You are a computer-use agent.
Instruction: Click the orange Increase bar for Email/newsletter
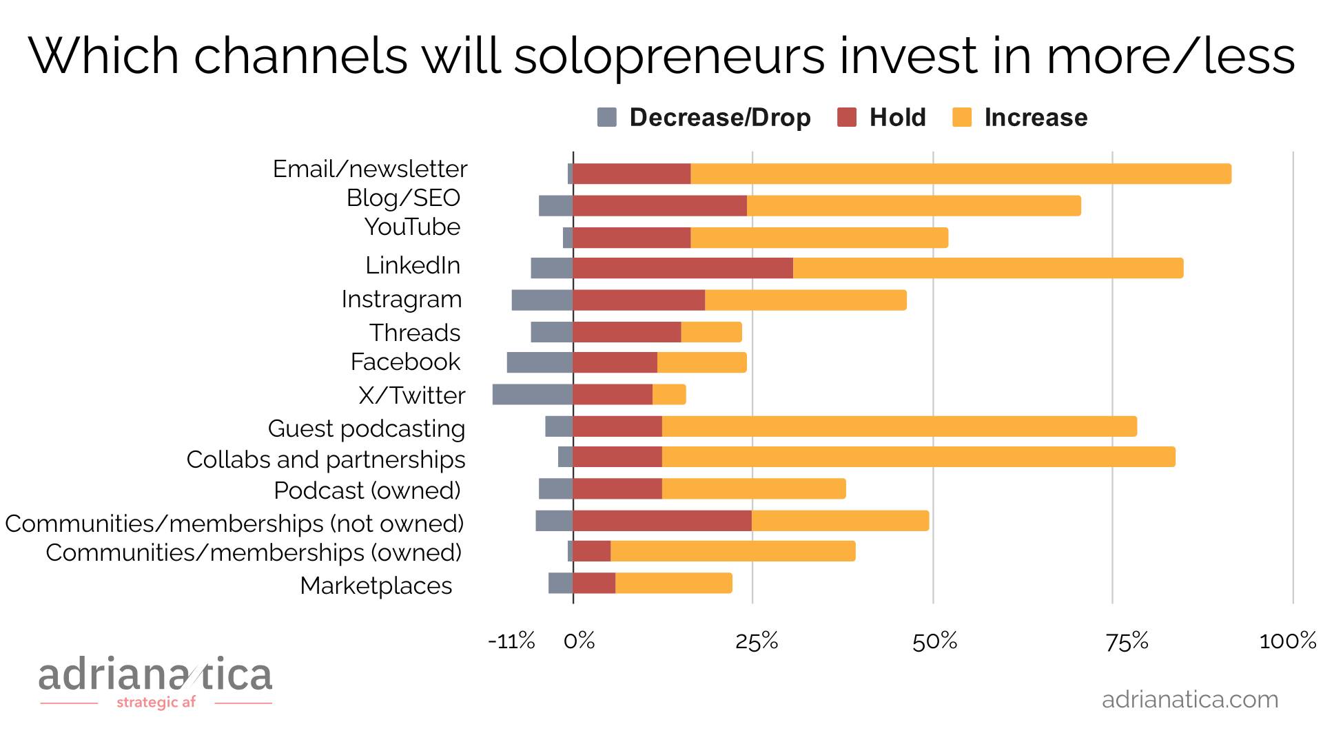tap(961, 174)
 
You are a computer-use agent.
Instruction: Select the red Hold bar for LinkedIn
tap(683, 268)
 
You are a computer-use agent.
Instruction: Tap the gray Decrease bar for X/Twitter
tap(533, 395)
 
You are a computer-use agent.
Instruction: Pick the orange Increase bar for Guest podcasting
tap(899, 426)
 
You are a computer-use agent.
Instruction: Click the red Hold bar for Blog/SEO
tap(659, 205)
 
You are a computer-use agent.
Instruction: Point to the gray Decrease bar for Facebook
tap(540, 362)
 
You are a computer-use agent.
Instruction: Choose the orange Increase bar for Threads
tap(711, 332)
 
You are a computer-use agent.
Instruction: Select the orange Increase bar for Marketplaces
tap(673, 583)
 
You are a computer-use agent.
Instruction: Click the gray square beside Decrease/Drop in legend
tap(607, 118)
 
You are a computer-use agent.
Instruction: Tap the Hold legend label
tap(897, 118)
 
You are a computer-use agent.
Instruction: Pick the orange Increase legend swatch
tap(962, 118)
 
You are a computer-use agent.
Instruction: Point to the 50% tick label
tap(934, 641)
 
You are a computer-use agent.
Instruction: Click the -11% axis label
tap(511, 641)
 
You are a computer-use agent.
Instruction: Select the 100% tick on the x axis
tap(1287, 641)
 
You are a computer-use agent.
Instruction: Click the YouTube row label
tap(412, 227)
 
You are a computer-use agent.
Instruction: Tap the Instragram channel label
tap(402, 299)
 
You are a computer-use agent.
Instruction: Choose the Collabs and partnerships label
tap(326, 459)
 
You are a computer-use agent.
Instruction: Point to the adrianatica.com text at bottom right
tap(1190, 699)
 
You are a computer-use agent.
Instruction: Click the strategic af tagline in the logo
tap(156, 703)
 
